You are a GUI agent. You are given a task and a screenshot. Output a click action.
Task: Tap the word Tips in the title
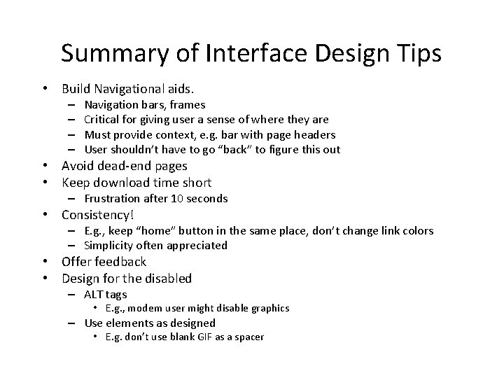click(x=417, y=54)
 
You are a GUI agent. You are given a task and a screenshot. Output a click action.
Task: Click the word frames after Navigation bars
click(x=188, y=105)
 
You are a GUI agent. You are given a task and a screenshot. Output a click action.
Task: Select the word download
click(x=125, y=183)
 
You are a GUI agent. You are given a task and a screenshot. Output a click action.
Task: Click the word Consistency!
click(x=98, y=215)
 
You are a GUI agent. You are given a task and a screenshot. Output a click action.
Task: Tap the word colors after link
click(x=413, y=230)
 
